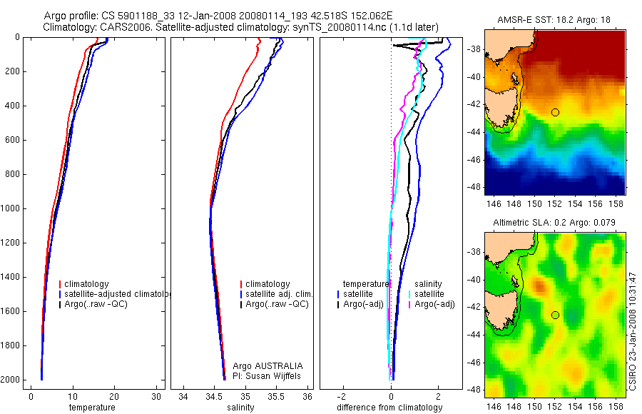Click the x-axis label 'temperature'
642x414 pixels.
click(x=91, y=408)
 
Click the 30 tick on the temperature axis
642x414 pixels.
click(x=157, y=397)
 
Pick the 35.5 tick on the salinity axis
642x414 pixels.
click(x=277, y=397)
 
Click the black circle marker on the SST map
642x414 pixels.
click(x=555, y=112)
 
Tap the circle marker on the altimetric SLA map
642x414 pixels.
click(x=555, y=315)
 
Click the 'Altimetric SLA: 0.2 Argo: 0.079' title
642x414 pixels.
click(x=554, y=223)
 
